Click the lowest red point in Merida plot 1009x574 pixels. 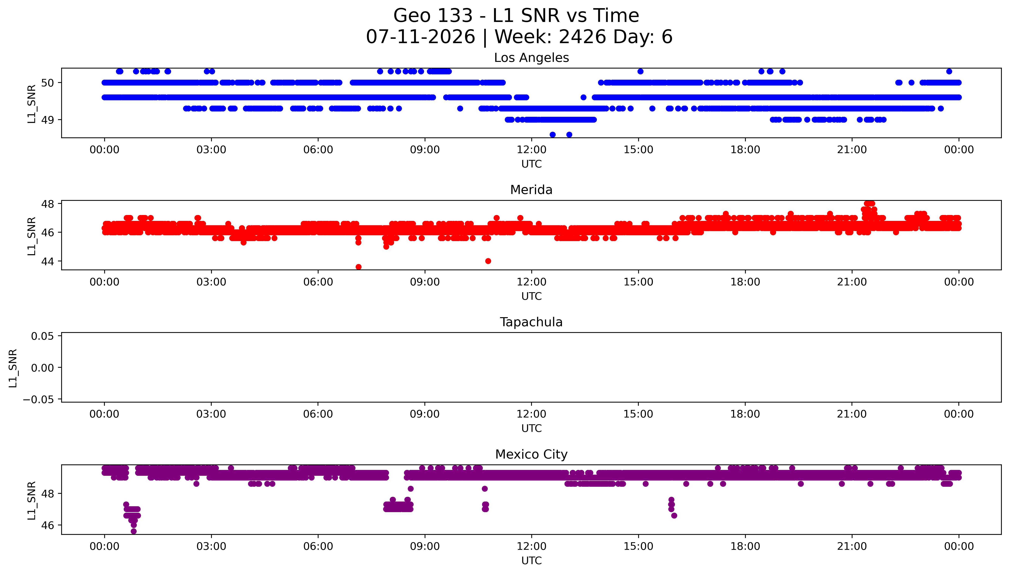point(358,267)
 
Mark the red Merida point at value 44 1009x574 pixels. point(488,261)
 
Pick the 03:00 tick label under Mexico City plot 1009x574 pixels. point(211,546)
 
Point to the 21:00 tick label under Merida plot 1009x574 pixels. point(852,282)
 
